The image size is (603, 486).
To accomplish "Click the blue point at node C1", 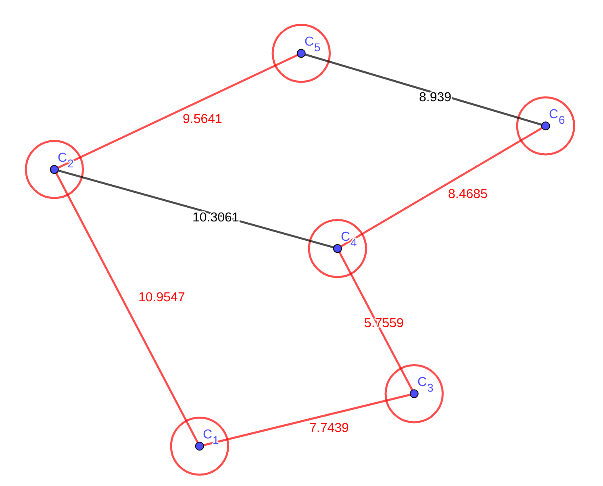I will (x=199, y=446).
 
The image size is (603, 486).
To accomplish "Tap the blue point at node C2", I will (x=54, y=169).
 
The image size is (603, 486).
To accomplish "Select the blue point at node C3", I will (x=414, y=394).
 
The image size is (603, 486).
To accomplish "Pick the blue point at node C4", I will (x=338, y=248).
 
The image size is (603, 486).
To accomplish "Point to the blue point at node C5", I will (x=301, y=53).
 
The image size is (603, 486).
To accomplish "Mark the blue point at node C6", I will (x=545, y=126).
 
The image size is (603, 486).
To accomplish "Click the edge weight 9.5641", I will (x=202, y=119).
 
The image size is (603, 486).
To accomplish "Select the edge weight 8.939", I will (x=435, y=97).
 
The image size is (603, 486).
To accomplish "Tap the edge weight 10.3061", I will (x=215, y=217).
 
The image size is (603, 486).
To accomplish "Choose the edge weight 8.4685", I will (x=467, y=194).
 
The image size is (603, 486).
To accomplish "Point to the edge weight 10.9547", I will (x=161, y=297).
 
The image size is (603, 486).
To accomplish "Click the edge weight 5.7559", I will (x=384, y=323).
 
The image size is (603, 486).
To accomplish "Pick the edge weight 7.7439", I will (x=329, y=428).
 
